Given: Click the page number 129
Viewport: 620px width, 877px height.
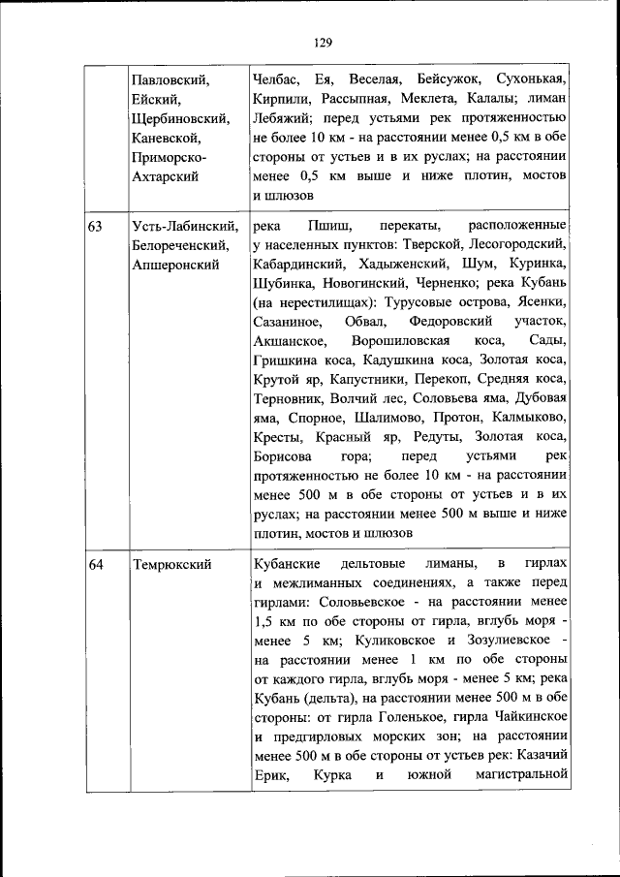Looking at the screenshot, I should (323, 42).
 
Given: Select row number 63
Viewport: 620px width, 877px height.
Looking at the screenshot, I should (95, 227).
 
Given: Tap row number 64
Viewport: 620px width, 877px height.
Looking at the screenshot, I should (95, 564).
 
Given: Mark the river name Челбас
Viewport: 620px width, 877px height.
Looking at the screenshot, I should (275, 78).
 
